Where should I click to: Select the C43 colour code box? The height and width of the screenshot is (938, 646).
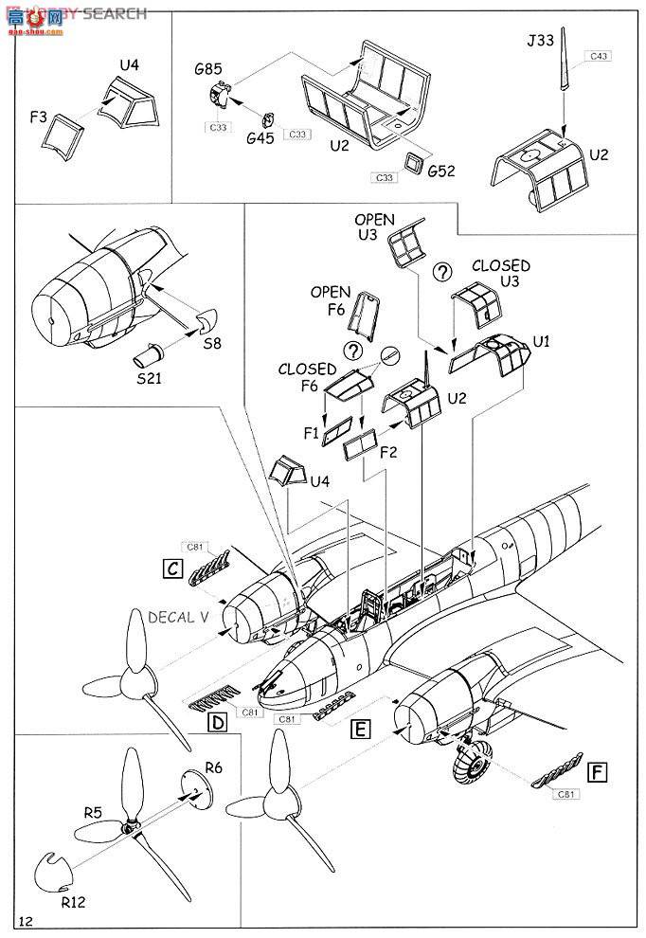point(598,57)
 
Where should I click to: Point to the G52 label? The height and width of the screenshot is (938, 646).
point(441,171)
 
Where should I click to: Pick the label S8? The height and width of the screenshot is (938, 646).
point(211,345)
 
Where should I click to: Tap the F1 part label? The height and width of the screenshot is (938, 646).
point(311,433)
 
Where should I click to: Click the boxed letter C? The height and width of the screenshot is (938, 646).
point(172,568)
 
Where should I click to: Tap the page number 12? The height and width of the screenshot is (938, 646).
point(26,920)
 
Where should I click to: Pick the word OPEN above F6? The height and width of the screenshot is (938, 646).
point(330,292)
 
